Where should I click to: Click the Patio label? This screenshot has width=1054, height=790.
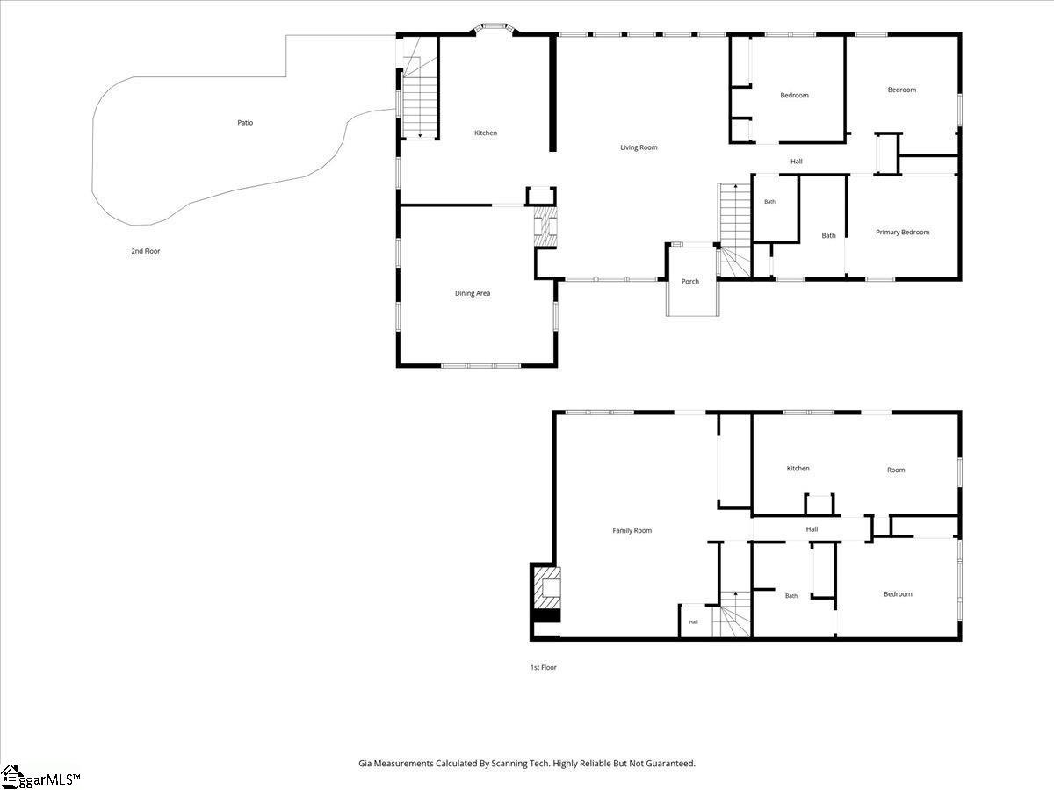pos(245,123)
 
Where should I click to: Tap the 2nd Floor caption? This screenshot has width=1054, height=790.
pos(146,251)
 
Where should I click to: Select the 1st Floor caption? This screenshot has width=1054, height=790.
pos(543,667)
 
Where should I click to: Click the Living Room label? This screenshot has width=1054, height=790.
pos(639,147)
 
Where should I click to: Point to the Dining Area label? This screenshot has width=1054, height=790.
pos(473,293)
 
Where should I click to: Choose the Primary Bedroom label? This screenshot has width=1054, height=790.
pos(902,232)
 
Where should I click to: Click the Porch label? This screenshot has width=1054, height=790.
pos(690,282)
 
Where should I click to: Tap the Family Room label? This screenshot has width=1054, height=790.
pos(632,530)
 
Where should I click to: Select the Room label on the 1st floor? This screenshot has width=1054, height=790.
pos(896,470)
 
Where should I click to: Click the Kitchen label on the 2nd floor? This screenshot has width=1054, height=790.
pos(486,133)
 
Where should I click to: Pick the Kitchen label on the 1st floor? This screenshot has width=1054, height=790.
pos(798,468)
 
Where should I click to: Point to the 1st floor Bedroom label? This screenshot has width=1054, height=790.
pos(898,594)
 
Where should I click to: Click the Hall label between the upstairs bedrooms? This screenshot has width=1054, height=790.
pos(796,162)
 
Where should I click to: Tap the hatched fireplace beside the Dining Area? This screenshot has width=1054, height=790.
pos(546,226)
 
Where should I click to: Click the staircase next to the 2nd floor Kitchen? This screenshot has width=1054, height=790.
pos(420,97)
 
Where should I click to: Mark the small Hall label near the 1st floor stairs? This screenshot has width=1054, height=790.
pos(693,622)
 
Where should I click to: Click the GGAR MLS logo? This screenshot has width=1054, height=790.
pos(40,777)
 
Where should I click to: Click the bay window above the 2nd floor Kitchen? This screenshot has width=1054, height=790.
pos(495,28)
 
